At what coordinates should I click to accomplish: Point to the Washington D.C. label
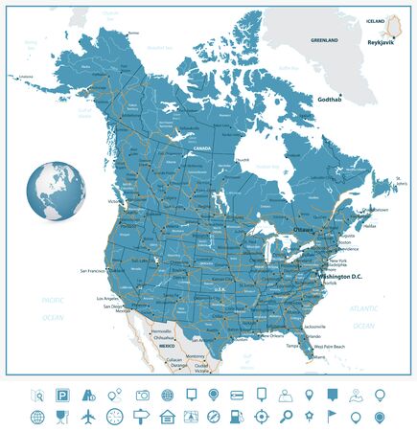(x=323, y=276)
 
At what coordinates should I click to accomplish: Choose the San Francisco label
(x=97, y=272)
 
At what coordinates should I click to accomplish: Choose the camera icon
(x=142, y=394)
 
